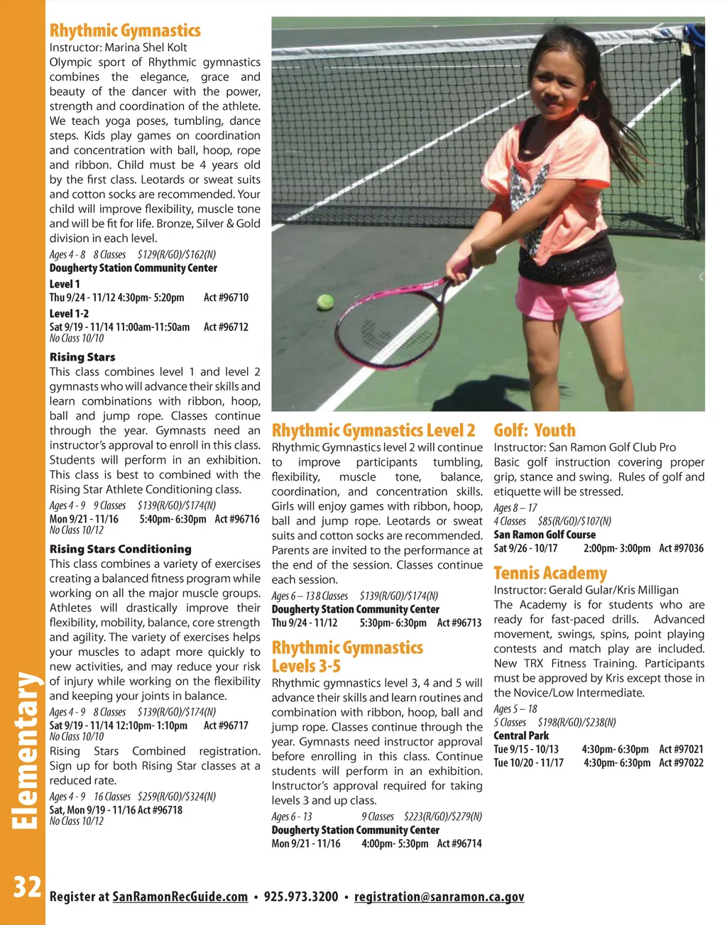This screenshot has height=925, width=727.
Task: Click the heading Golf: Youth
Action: pos(535,430)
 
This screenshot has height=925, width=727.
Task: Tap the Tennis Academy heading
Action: pos(550,573)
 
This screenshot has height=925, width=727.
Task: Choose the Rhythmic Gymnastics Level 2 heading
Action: pos(373,430)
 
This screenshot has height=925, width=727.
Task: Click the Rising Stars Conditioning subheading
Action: pos(121,549)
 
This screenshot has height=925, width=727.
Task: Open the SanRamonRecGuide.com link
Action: pos(180,897)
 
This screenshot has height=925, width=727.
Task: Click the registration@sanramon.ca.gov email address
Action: pos(439,897)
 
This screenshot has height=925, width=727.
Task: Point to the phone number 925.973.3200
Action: pos(301,897)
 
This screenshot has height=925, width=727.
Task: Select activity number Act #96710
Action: pos(226,297)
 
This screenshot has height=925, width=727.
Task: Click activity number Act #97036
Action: pos(681,548)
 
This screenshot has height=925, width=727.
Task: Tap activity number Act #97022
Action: pos(681,762)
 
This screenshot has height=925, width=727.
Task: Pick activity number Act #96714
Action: pos(459,843)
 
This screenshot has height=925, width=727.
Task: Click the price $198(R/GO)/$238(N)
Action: pos(576,722)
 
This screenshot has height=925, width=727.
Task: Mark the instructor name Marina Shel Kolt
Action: pos(146,48)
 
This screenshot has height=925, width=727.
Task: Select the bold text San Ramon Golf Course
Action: pos(545,535)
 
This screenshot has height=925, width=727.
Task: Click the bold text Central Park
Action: pos(521,735)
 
